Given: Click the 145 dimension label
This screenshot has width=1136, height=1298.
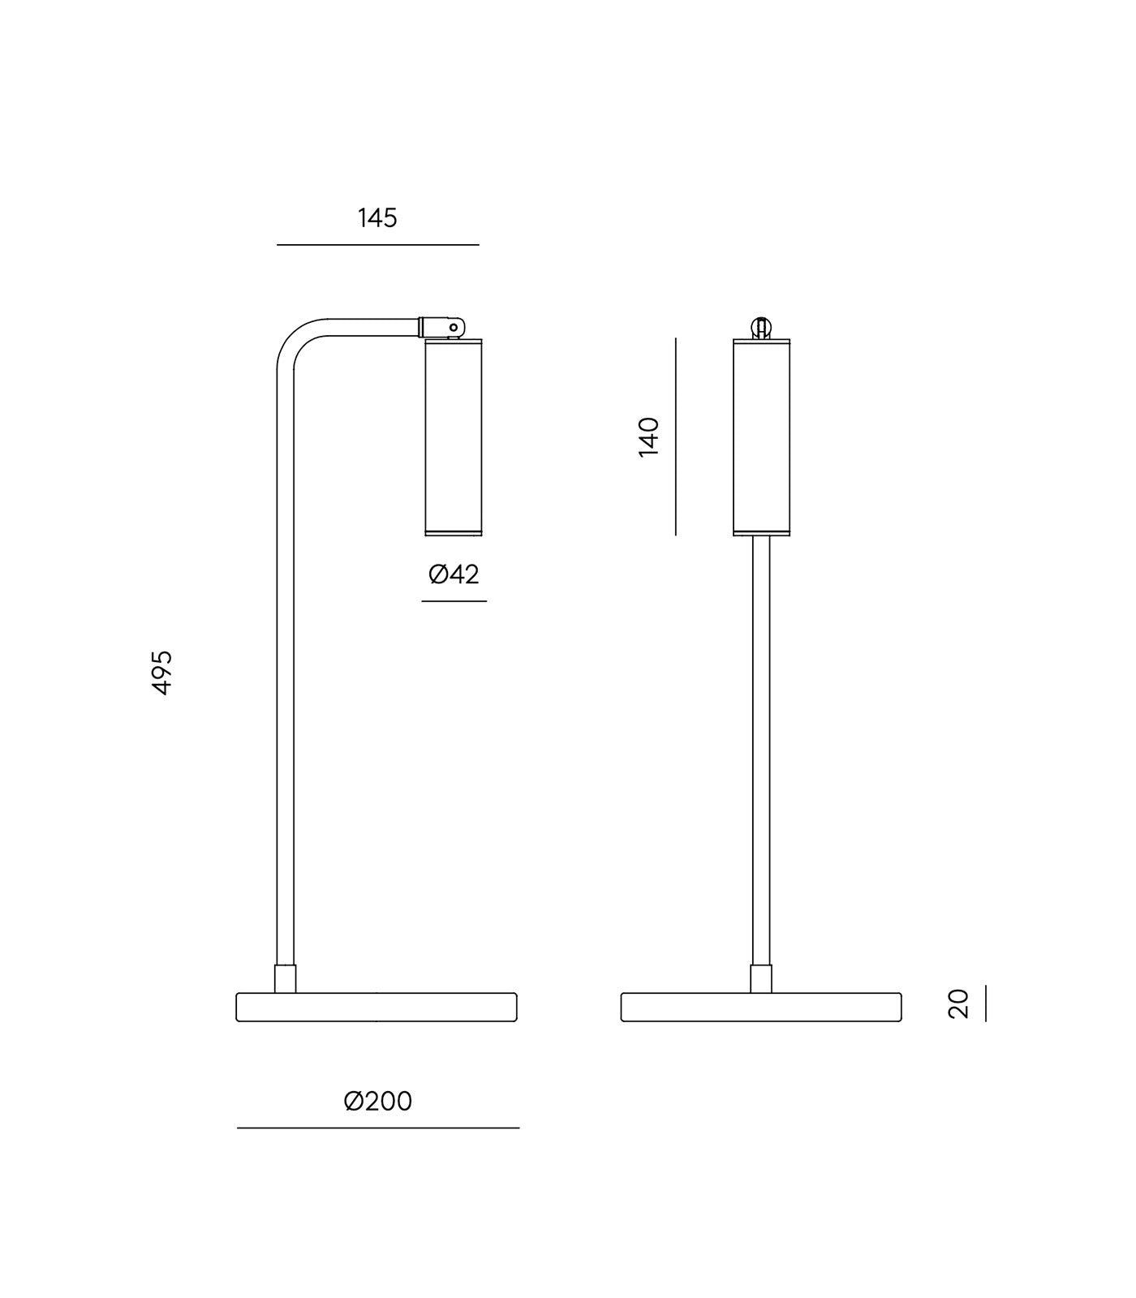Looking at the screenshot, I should (x=377, y=218).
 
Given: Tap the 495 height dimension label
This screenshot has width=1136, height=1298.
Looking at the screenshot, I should (x=162, y=672).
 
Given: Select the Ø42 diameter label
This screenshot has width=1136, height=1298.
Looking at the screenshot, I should (x=454, y=574).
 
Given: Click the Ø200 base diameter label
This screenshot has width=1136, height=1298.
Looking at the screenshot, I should (x=377, y=1101).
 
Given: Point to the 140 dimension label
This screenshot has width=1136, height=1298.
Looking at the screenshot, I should (x=648, y=436).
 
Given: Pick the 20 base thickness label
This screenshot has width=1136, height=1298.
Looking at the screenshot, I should (x=958, y=1003).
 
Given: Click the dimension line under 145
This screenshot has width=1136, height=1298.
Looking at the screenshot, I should (x=377, y=244).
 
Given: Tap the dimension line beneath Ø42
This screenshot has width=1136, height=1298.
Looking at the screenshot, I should (x=454, y=601).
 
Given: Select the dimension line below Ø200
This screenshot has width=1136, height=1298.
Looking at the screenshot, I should (x=377, y=1128).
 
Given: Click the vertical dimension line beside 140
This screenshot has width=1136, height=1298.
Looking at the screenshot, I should (x=675, y=436).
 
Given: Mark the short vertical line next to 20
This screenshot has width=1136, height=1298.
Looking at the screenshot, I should (x=986, y=1003).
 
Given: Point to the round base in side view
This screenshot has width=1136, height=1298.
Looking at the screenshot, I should (x=377, y=1007).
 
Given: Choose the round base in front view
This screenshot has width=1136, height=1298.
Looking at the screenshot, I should (x=761, y=1007).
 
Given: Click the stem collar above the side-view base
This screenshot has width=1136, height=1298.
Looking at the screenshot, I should (x=285, y=978).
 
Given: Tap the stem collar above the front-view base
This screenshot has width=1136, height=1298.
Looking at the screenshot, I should (x=761, y=978).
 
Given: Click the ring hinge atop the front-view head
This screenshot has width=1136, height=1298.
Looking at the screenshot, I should (x=761, y=328).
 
